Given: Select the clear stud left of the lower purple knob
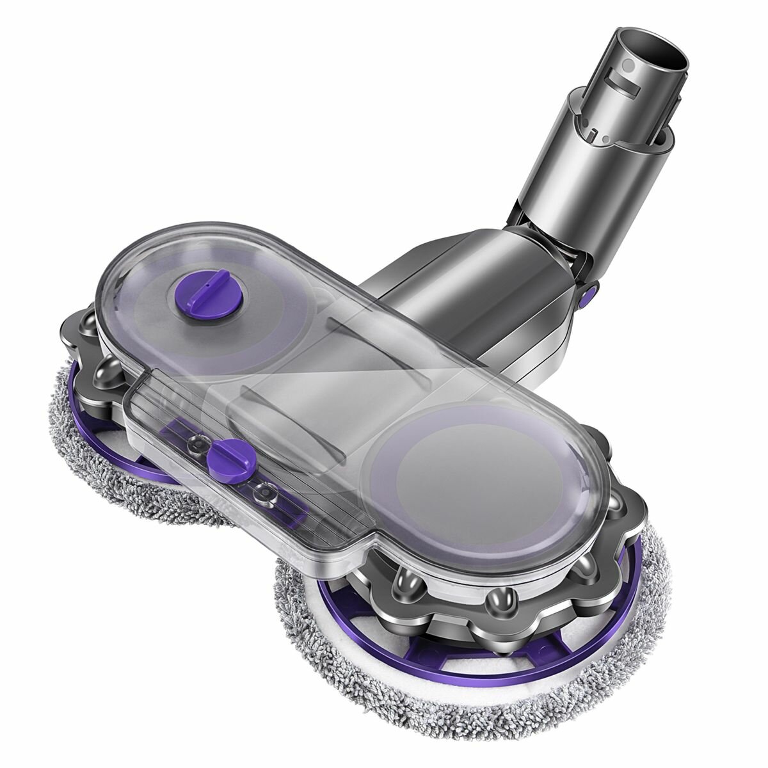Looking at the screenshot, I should pos(200,442).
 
